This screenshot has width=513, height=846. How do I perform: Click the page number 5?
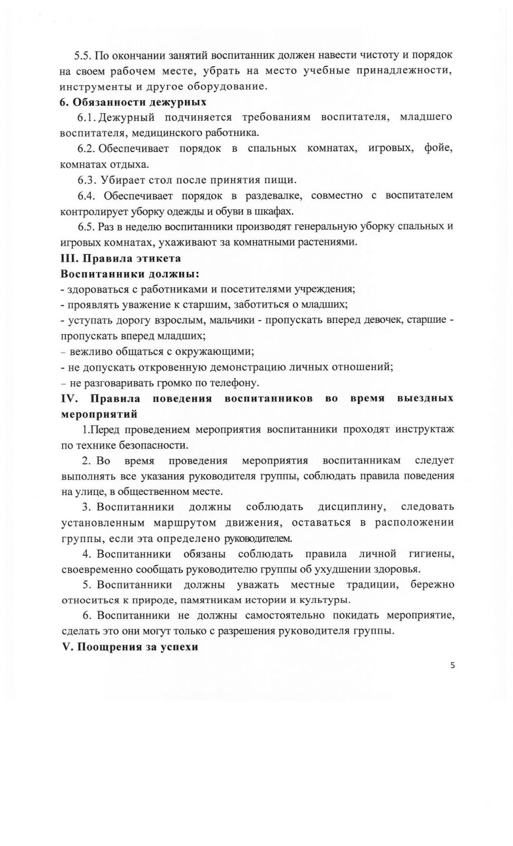452,666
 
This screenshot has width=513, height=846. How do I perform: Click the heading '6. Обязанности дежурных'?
133,102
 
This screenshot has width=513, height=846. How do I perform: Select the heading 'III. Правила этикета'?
121,259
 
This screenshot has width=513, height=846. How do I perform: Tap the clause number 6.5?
87,227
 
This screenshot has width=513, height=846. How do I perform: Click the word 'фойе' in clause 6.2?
439,149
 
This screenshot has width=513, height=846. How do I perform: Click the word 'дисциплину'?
351,507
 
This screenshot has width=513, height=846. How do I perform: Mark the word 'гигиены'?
432,554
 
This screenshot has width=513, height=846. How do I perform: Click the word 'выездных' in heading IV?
425,398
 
